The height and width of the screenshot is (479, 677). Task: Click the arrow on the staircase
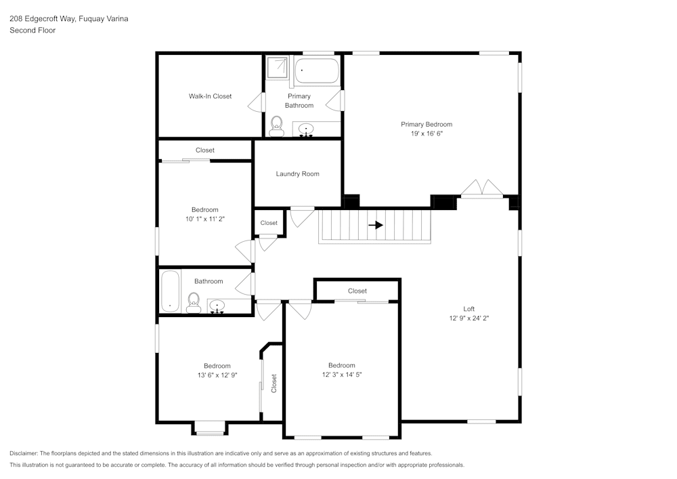tap(376, 225)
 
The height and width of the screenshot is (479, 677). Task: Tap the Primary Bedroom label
tap(427, 125)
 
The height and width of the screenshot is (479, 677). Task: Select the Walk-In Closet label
tap(210, 96)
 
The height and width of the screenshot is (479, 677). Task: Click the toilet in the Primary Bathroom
tap(276, 126)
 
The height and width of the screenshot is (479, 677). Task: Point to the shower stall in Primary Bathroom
tap(277, 69)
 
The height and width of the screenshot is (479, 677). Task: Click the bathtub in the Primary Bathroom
tap(317, 71)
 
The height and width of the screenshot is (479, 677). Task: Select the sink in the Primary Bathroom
tap(307, 129)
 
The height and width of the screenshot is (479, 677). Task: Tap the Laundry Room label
tap(297, 174)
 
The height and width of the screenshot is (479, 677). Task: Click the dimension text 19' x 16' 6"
tap(427, 134)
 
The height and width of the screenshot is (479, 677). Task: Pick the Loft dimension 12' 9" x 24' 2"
tap(469, 318)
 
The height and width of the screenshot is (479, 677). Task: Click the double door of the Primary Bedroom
tap(482, 188)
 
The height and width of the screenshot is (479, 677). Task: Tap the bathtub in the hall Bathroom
tap(170, 291)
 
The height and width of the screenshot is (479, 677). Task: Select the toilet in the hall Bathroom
tap(194, 302)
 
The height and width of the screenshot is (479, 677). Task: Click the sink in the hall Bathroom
tap(217, 306)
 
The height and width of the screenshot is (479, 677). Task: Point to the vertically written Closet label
tap(274, 383)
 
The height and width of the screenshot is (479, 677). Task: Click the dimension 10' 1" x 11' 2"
tap(204, 219)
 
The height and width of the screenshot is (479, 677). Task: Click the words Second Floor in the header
tap(32, 30)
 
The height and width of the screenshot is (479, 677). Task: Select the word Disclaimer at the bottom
tap(24, 453)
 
